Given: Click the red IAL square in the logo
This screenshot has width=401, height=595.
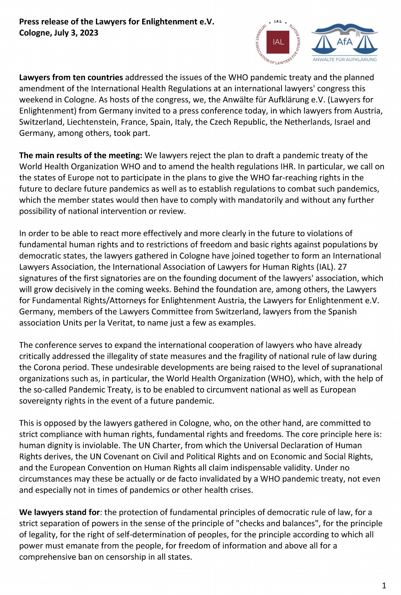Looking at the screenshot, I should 278,42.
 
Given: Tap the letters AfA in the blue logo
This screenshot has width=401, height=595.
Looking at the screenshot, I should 345,42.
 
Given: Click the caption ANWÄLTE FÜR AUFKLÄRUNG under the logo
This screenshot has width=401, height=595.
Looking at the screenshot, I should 345,60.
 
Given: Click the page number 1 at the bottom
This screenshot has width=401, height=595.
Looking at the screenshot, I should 384,586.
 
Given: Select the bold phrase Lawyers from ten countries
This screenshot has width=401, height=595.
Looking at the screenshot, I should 71,77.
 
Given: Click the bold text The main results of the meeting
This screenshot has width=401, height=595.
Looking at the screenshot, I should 80,155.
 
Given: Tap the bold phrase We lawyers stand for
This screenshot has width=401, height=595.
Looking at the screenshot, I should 60,512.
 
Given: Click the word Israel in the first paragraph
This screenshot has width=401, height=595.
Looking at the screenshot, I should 344,122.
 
